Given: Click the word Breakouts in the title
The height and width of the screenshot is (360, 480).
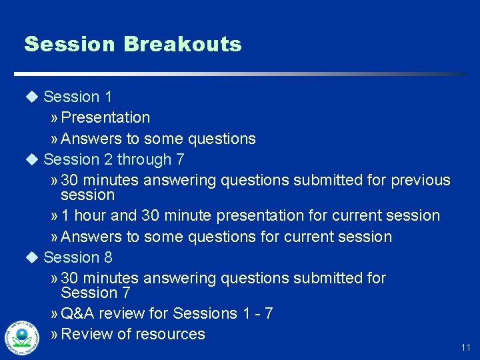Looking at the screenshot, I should tap(182, 45).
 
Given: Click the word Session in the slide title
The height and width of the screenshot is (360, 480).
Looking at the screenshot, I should tap(70, 45).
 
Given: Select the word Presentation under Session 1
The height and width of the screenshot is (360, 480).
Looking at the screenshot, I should tap(105, 118).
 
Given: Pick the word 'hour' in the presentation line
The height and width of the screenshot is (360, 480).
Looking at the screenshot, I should tap(89, 216).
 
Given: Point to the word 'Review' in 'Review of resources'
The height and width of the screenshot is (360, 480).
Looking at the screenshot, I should tap(87, 334).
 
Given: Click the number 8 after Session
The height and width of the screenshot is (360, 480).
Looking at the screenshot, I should tap(108, 257).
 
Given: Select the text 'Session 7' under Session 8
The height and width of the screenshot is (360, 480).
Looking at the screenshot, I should tap(95, 293).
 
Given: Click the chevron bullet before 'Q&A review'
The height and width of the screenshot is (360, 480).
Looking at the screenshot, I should tap(54, 314).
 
